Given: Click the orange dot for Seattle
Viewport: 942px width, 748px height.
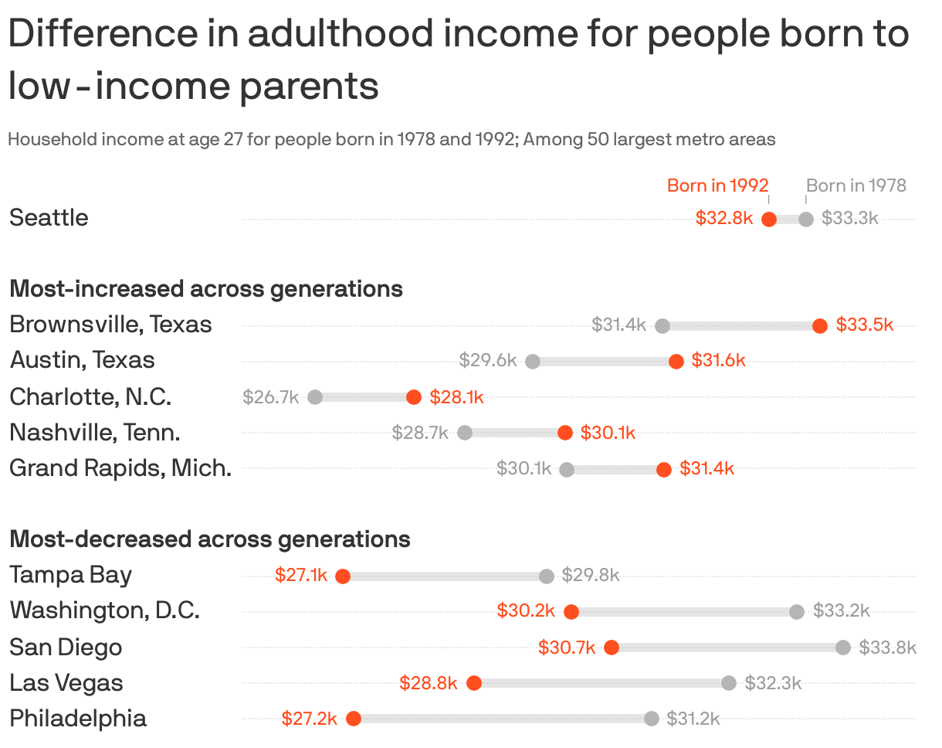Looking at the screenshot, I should click(768, 219).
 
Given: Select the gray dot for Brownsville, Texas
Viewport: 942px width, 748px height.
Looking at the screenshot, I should click(662, 326).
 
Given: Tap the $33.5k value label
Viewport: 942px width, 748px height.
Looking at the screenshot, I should click(865, 325).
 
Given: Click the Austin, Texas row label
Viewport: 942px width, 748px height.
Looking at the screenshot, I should click(82, 360).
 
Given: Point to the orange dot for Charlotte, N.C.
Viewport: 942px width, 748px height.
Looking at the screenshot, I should click(414, 397).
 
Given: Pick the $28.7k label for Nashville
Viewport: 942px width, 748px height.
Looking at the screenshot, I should click(420, 433).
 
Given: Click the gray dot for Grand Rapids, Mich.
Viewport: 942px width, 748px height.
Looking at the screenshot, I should click(567, 469).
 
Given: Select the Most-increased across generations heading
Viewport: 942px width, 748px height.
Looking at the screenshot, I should click(206, 289).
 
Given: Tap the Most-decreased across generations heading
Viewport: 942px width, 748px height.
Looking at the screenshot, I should click(210, 539).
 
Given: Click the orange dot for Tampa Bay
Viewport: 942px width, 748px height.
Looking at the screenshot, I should click(343, 576).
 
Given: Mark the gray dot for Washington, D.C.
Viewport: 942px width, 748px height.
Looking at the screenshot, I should click(797, 612).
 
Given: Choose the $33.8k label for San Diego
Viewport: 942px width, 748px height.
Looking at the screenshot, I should click(888, 648).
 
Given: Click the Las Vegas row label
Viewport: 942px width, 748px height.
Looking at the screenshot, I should click(66, 683).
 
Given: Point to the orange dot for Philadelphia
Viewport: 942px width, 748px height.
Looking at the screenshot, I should click(354, 719).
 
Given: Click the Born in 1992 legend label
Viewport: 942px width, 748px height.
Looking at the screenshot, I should click(718, 185).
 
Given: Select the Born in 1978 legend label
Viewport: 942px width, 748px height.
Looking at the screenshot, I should click(856, 185).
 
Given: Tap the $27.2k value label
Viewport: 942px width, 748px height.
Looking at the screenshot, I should click(310, 719).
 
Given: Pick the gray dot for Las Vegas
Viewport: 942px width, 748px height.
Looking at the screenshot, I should click(729, 683).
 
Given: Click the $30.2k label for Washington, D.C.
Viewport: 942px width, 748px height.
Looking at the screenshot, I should click(526, 610).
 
